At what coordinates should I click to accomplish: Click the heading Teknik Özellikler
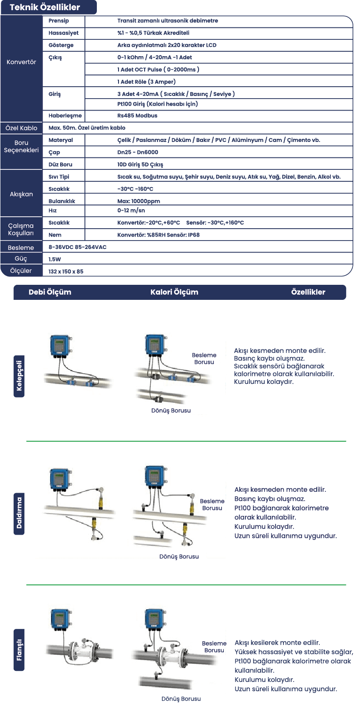(45, 7)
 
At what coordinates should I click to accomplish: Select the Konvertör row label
(21, 62)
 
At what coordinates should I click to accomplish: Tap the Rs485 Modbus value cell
(137, 115)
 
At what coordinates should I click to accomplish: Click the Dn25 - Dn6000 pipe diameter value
(138, 152)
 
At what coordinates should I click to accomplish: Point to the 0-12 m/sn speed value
(131, 211)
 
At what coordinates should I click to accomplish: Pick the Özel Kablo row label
(21, 128)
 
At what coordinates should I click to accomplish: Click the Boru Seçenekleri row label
(21, 146)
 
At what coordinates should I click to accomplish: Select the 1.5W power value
(55, 259)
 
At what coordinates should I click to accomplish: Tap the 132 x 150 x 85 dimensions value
(66, 272)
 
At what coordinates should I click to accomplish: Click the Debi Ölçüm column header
(50, 292)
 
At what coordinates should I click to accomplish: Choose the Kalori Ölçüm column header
(174, 292)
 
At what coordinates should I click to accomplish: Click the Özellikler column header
(308, 292)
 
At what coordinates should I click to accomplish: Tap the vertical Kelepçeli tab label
(19, 376)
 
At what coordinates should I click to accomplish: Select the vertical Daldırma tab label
(19, 513)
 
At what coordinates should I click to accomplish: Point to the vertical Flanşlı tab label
(19, 650)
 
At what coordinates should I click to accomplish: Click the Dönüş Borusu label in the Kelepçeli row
(171, 410)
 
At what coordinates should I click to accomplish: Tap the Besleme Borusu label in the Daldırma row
(212, 505)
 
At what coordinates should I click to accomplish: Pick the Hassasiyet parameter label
(64, 33)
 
